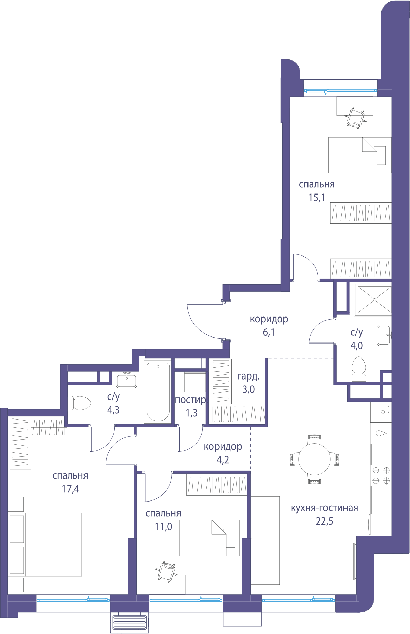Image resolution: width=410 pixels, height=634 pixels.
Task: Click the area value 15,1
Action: click(317, 197)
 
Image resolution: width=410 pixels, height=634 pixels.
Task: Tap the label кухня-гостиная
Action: click(324, 508)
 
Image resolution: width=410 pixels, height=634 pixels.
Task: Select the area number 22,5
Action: click(324, 521)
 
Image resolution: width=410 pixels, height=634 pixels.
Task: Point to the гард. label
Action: click(248, 376)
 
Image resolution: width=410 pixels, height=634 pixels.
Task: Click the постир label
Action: click(190, 400)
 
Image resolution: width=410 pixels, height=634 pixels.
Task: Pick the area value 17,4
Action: click(70, 489)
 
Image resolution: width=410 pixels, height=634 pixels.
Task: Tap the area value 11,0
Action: click(163, 527)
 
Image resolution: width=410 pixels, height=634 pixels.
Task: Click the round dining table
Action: click(314, 459)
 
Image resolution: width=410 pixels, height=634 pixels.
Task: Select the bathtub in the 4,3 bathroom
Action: click(158, 391)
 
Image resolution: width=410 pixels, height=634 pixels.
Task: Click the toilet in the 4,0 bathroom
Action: click(359, 369)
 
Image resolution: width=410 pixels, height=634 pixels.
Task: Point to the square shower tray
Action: click(373, 300)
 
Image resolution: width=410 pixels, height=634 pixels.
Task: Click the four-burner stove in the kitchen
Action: click(381, 475)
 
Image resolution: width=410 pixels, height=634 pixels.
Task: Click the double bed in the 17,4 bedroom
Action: click(45, 545)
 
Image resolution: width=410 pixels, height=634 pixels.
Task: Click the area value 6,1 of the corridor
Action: click(269, 332)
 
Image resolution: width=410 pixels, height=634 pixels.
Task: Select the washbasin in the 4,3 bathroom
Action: click(127, 380)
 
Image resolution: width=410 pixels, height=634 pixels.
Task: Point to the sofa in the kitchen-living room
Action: click(265, 540)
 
